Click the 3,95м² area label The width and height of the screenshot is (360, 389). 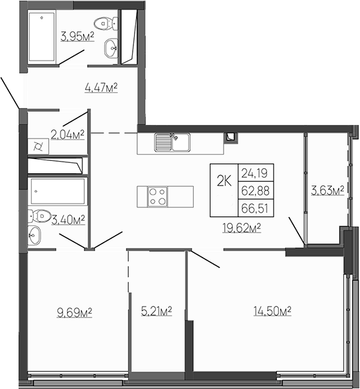click(x=77, y=35)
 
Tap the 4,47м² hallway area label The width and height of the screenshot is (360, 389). click(x=102, y=87)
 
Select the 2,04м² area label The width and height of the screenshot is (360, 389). click(x=68, y=134)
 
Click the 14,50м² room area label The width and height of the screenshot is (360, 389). click(x=272, y=312)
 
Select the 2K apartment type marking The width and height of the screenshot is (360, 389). click(x=223, y=182)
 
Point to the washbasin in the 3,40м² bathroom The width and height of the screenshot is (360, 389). click(x=35, y=236)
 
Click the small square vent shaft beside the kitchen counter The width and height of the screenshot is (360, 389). click(x=230, y=137)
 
